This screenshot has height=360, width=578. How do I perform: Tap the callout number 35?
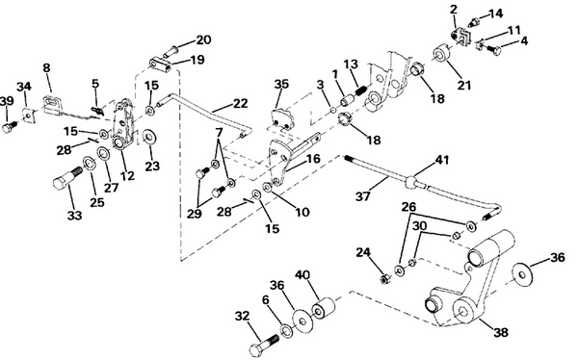click(x=280, y=86)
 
